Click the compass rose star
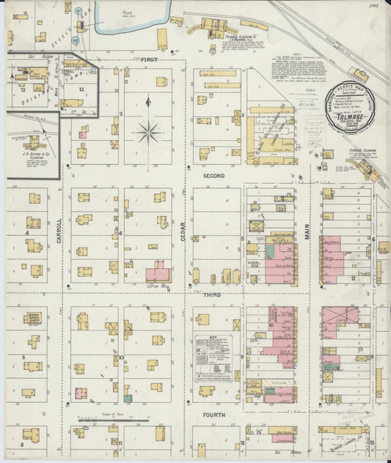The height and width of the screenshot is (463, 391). pos(148,133)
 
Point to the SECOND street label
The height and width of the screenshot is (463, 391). pos(213,177)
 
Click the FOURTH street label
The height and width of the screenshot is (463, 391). pos(214,415)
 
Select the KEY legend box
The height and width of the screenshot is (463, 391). pos(213,358)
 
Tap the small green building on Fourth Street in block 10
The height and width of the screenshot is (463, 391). pos(128,397)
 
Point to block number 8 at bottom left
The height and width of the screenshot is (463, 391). pos(22,444)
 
